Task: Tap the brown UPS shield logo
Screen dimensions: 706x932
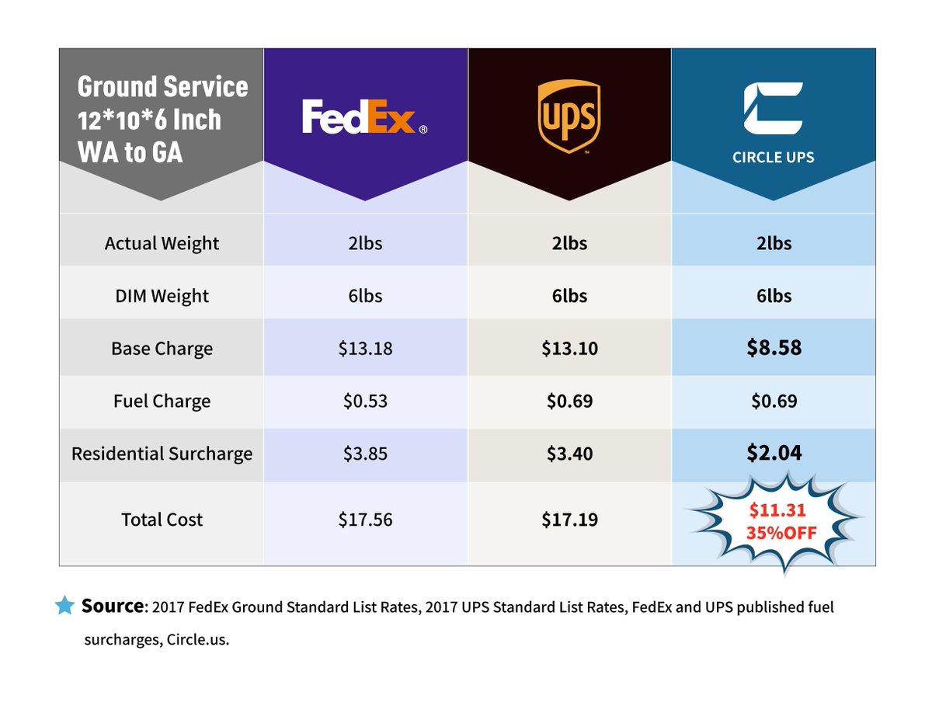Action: point(569,117)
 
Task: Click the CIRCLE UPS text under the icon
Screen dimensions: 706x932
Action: point(773,157)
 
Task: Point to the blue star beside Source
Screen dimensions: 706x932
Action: point(65,606)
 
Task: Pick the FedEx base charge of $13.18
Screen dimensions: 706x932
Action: point(365,348)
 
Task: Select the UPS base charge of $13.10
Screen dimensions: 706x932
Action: point(569,348)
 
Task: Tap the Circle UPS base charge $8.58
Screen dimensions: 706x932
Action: point(774,347)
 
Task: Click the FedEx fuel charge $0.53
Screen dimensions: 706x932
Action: point(365,401)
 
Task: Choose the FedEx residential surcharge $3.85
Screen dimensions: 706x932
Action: point(365,454)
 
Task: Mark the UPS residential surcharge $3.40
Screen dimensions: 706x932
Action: point(569,454)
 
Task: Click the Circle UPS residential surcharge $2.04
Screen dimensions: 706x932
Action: point(774,453)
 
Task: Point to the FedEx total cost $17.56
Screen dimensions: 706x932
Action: point(365,520)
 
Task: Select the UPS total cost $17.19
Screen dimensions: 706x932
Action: point(569,520)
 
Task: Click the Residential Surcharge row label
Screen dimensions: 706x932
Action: point(162,454)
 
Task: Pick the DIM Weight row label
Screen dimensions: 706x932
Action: point(162,296)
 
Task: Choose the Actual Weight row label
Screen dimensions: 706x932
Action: point(162,243)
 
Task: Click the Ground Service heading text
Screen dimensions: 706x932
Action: point(162,86)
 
